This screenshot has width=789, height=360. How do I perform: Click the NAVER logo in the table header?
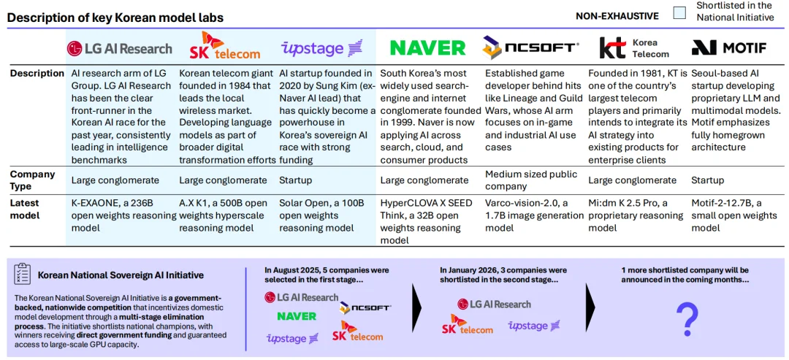tap(427, 47)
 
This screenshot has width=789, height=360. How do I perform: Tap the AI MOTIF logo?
tap(729, 47)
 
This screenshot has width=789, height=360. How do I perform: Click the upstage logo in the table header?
tap(321, 48)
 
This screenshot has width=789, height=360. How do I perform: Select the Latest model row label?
tap(26, 209)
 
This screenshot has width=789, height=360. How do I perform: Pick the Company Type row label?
tap(33, 180)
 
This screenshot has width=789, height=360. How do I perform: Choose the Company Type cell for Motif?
tap(708, 180)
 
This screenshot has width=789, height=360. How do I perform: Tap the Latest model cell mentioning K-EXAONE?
tap(123, 215)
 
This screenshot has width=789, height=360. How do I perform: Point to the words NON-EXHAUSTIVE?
tap(617, 16)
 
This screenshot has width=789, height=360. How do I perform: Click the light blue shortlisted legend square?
tap(680, 13)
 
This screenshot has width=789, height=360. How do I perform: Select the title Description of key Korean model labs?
tap(115, 18)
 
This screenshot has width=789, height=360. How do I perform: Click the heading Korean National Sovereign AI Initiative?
tap(121, 275)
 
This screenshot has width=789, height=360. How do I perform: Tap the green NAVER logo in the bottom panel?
tap(297, 316)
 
